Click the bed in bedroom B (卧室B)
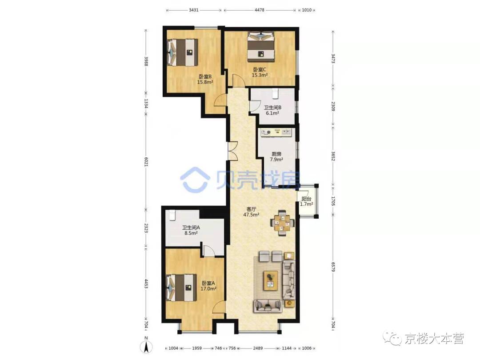tap(182, 52)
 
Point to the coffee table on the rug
tap(270, 280)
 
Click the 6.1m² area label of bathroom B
tap(272, 113)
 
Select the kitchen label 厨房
tap(276, 154)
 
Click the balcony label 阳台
tap(306, 199)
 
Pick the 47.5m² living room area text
tap(251, 215)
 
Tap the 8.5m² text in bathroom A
tap(191, 232)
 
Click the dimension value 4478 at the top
tap(259, 10)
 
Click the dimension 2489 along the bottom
tap(258, 348)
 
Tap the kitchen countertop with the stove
tap(276, 132)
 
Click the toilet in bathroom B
tap(275, 93)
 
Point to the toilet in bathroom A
tap(172, 215)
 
